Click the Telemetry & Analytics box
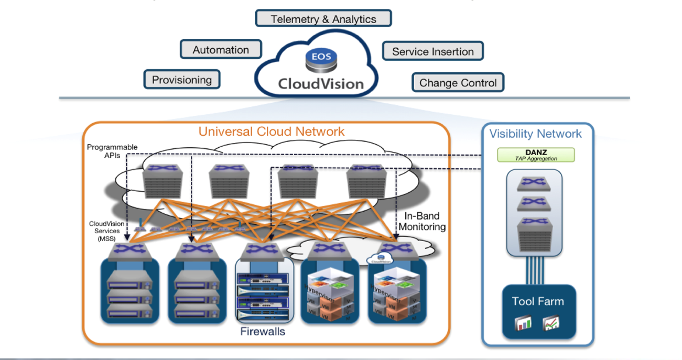tap(323, 19)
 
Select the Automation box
tap(221, 50)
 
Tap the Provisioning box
tap(182, 80)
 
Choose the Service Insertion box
tap(432, 51)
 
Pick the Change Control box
tap(458, 83)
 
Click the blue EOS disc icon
tap(321, 57)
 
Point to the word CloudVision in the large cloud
tap(320, 84)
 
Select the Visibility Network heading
tap(535, 134)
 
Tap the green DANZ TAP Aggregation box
tap(535, 155)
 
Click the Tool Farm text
tap(538, 301)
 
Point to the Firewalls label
tap(263, 331)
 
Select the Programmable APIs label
tap(112, 151)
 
